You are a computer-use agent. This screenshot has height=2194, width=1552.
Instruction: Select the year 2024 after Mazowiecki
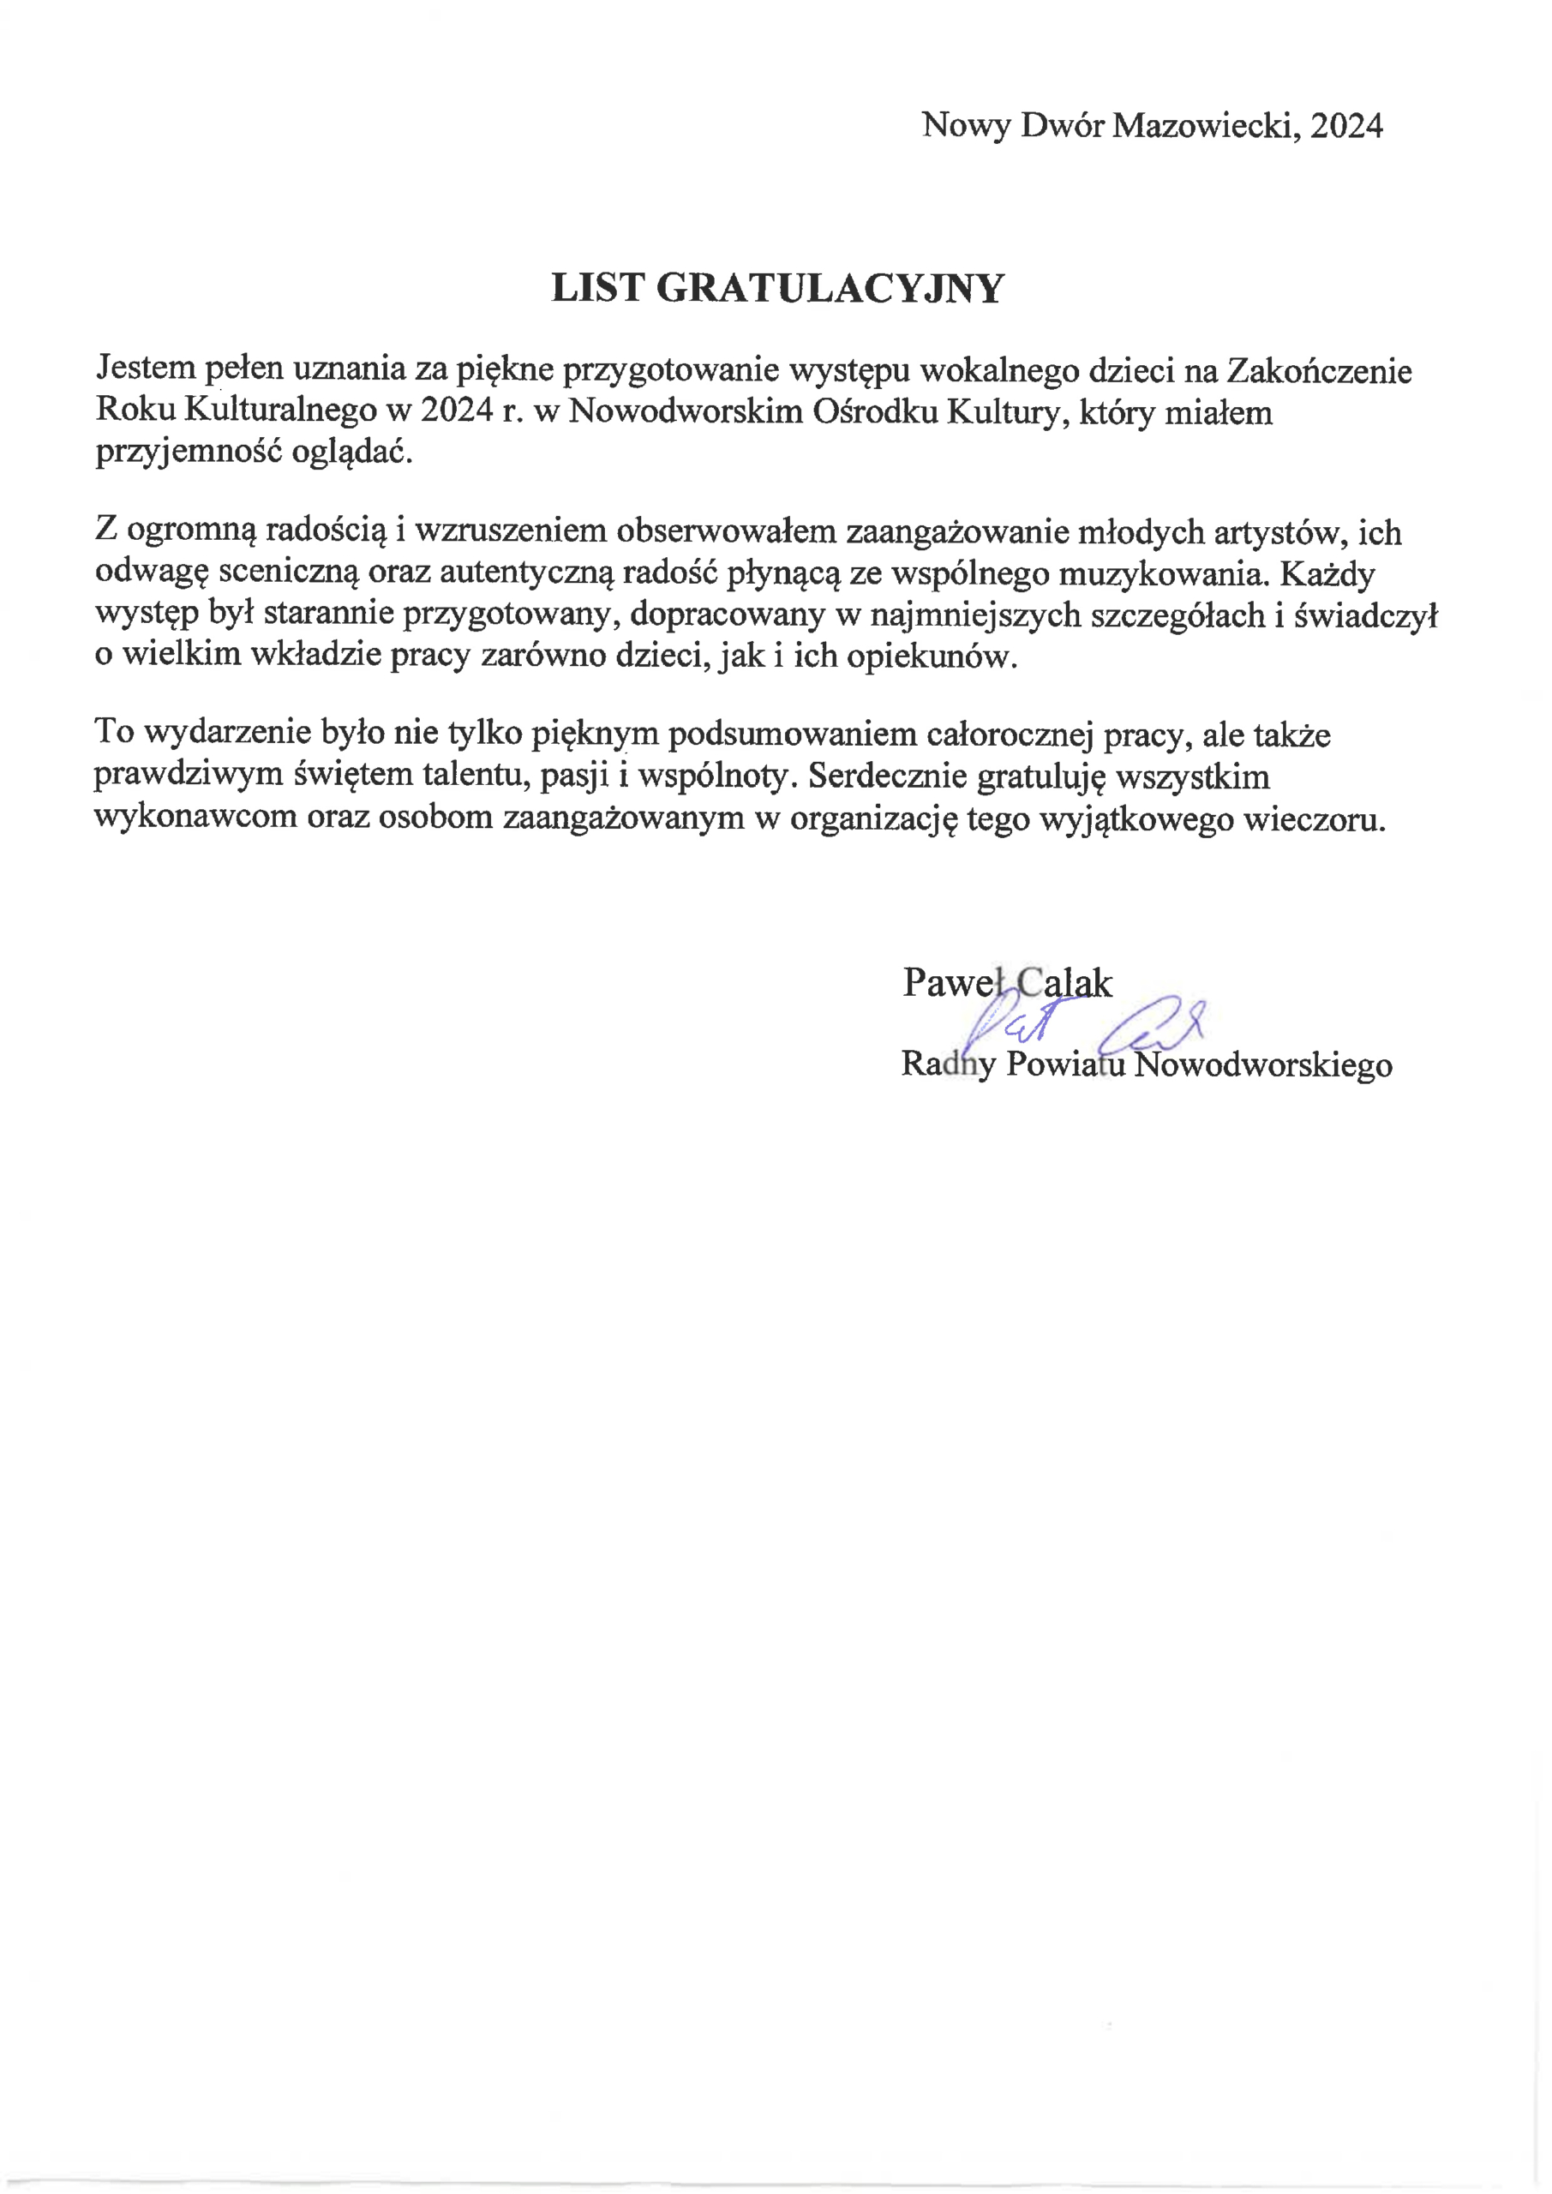pos(1346,125)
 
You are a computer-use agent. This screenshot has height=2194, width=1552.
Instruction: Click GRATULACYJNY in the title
pos(830,289)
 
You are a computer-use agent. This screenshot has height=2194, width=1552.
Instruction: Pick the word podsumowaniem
pos(792,734)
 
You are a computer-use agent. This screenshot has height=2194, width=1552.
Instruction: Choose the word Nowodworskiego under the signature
pos(1262,1064)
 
